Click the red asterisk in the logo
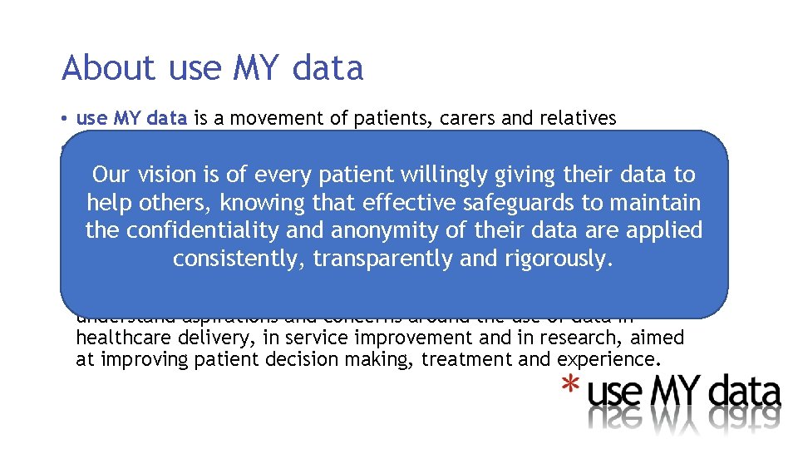tap(570, 385)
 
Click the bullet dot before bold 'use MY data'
tap(65, 119)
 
